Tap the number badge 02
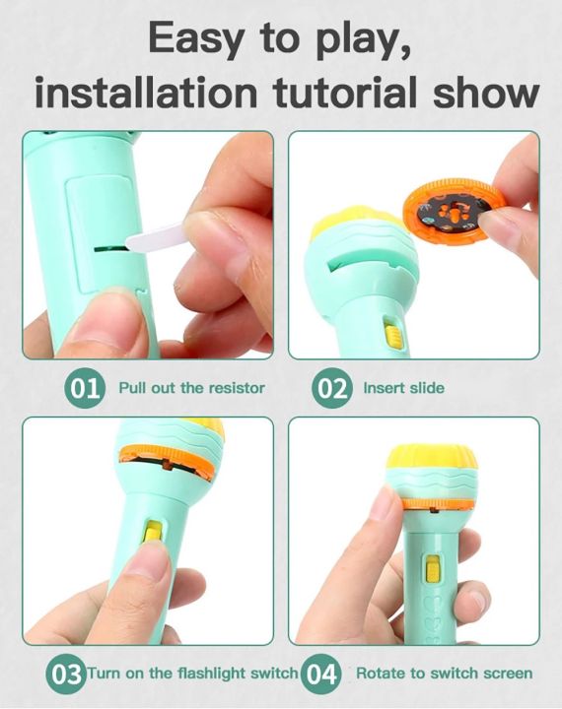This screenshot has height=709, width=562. pos(332,387)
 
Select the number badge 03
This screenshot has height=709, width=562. pos(66,674)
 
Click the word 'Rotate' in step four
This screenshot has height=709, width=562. pos(379,674)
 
